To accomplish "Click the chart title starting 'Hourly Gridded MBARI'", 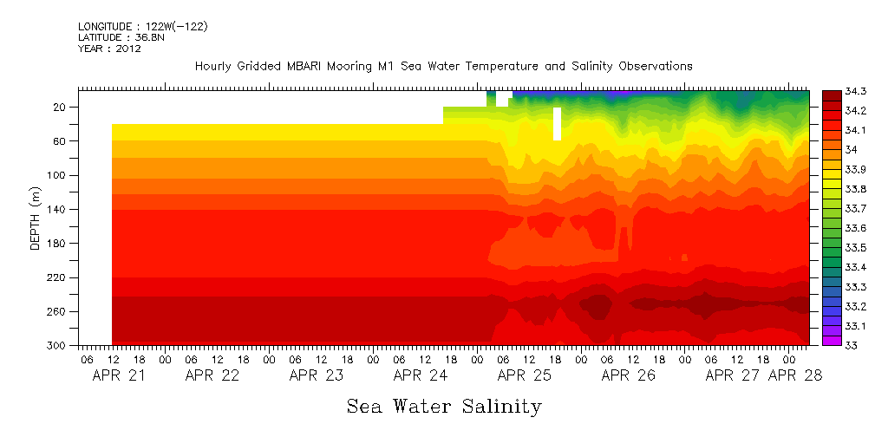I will click(x=443, y=66).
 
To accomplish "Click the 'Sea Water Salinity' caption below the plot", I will click(x=444, y=406).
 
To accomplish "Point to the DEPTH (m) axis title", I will click(x=36, y=217).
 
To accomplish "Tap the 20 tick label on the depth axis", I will click(x=61, y=107).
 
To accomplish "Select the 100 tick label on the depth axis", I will click(x=58, y=175).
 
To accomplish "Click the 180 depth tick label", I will click(x=58, y=244).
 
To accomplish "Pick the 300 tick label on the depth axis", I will click(x=58, y=346).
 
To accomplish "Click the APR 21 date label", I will click(x=119, y=375).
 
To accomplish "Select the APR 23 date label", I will click(x=317, y=375).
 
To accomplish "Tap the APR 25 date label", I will click(x=525, y=375).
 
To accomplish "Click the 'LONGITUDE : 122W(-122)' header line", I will click(x=142, y=27).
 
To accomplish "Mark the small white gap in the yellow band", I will click(x=557, y=123).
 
